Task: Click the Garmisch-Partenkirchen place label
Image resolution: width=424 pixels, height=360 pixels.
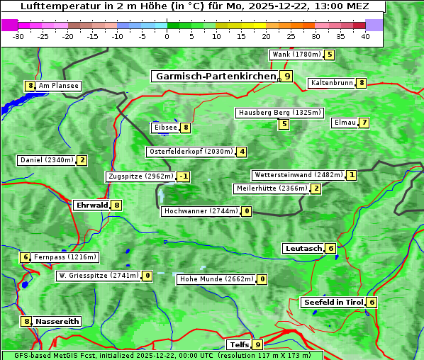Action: [x=215, y=76]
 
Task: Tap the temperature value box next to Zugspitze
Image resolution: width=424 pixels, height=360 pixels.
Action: [x=184, y=176]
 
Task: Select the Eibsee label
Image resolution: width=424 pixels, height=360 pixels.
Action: [x=164, y=128]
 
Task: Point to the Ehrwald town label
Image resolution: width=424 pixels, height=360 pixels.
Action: [x=91, y=206]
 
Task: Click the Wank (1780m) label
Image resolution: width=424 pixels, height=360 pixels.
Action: [x=296, y=55]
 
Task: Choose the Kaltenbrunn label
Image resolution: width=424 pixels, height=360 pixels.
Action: [x=331, y=83]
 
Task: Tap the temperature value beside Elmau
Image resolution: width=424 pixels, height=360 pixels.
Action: [x=364, y=123]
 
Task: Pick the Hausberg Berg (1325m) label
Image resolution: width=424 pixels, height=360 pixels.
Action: [x=279, y=113]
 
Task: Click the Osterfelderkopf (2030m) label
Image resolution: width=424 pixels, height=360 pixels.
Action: [x=191, y=152]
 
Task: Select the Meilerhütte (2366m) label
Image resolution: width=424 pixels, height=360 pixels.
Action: [x=272, y=189]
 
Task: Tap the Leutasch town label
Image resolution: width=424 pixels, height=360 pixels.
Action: [x=303, y=249]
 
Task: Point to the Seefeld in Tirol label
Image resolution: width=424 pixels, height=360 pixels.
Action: [x=333, y=303]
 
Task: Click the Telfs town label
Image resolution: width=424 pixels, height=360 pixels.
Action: [x=238, y=345]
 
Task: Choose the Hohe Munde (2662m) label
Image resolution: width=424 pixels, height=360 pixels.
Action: [x=216, y=279]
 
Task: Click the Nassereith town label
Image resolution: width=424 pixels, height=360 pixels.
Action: [x=57, y=322]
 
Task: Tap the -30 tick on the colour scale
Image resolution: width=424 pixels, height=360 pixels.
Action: [x=18, y=35]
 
